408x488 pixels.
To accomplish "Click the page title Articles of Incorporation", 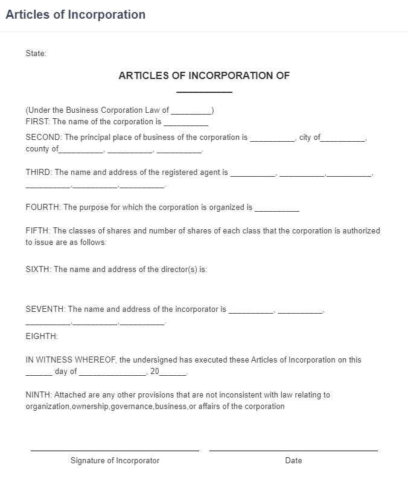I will pyautogui.click(x=75, y=14).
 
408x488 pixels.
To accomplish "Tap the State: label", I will pyautogui.click(x=36, y=54).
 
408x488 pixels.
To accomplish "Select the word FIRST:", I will pyautogui.click(x=37, y=122).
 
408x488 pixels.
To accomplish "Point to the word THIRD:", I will pyautogui.click(x=39, y=173).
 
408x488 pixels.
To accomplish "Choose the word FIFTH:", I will pyautogui.click(x=38, y=231).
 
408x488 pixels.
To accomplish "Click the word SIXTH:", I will pyautogui.click(x=39, y=270).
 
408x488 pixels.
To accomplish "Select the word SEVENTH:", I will pyautogui.click(x=46, y=309).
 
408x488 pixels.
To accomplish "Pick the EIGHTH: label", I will pyautogui.click(x=42, y=336).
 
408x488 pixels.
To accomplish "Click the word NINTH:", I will pyautogui.click(x=39, y=395).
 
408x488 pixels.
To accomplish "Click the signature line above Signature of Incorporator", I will pyautogui.click(x=115, y=450).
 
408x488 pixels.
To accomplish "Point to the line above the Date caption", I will pyautogui.click(x=293, y=450).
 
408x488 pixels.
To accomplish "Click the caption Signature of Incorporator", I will pyautogui.click(x=115, y=461).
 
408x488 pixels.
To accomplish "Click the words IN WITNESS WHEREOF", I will pyautogui.click(x=71, y=360).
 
